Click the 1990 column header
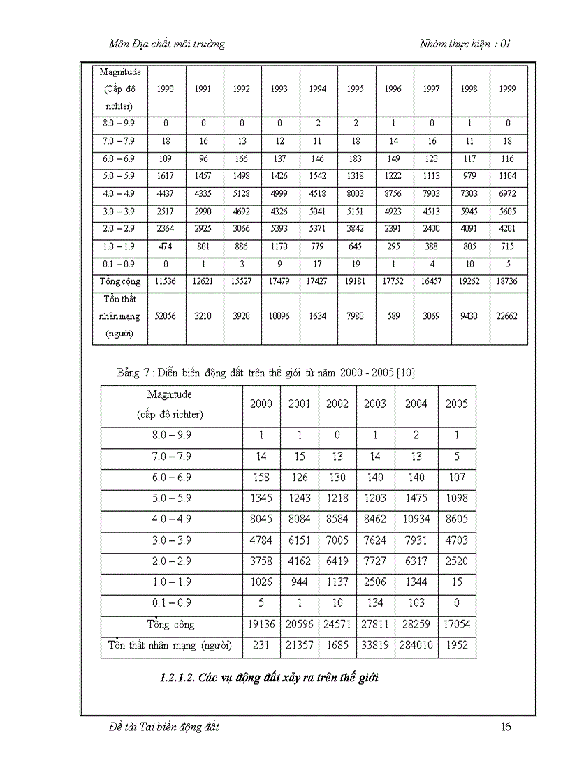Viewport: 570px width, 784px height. click(x=166, y=89)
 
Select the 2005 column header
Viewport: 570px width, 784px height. click(x=456, y=404)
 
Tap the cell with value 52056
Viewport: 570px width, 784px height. click(x=166, y=316)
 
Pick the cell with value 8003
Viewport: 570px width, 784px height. click(x=356, y=194)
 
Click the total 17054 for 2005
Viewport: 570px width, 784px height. click(x=456, y=625)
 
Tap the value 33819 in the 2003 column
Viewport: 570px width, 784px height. click(x=374, y=645)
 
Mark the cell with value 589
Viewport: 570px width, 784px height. click(x=393, y=316)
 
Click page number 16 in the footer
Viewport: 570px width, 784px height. click(x=506, y=727)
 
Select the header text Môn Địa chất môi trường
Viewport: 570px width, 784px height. click(x=167, y=44)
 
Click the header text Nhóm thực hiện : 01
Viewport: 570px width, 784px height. click(x=465, y=44)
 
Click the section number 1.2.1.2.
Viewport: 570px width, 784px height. click(x=178, y=677)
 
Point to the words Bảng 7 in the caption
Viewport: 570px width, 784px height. click(x=131, y=373)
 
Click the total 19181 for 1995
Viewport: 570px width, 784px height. click(x=356, y=282)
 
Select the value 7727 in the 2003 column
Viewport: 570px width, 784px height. click(x=374, y=561)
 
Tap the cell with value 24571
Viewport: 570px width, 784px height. click(x=337, y=625)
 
